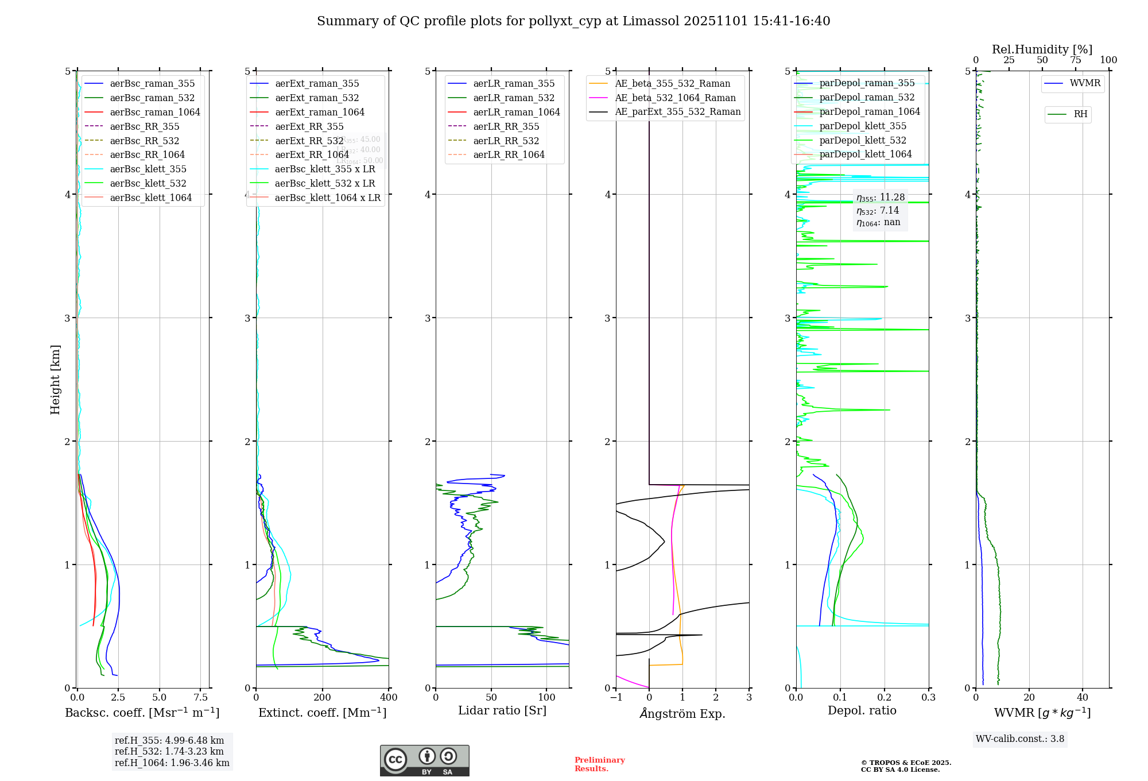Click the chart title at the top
pyautogui.click(x=573, y=21)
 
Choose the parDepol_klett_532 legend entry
pyautogui.click(x=862, y=140)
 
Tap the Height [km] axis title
pyautogui.click(x=55, y=379)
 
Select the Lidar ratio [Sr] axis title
pyautogui.click(x=502, y=710)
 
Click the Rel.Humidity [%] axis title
pyautogui.click(x=1042, y=49)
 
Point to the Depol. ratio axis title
pyautogui.click(x=862, y=710)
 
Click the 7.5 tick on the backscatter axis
pyautogui.click(x=200, y=697)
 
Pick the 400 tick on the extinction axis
pyautogui.click(x=389, y=697)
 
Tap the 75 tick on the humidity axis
pyautogui.click(x=1075, y=60)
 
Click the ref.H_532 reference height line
pyautogui.click(x=169, y=751)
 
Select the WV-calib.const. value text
pyautogui.click(x=1020, y=739)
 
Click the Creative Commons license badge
pyautogui.click(x=424, y=760)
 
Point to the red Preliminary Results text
pyautogui.click(x=599, y=764)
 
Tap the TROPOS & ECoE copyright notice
pyautogui.click(x=906, y=766)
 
